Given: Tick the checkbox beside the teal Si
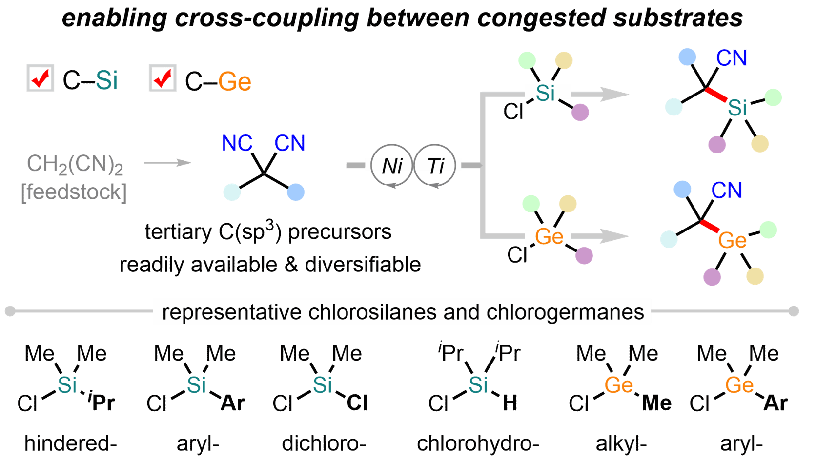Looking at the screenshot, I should (41, 78).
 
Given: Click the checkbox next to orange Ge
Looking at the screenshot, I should (163, 78).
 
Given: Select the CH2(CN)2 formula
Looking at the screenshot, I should (75, 164).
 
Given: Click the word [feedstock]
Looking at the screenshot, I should (74, 192).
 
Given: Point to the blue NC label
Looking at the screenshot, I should (237, 143).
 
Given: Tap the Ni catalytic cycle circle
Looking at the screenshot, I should (391, 165).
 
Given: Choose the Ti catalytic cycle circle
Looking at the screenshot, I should (435, 165).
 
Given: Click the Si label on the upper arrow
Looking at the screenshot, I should (546, 93).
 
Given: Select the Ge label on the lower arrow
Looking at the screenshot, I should (549, 237).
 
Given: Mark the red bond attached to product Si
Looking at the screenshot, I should (716, 95).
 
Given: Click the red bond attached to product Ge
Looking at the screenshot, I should (710, 226).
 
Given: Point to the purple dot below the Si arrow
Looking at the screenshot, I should (580, 112).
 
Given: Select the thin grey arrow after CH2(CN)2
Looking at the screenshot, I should (168, 162).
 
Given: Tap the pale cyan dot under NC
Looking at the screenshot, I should (232, 192).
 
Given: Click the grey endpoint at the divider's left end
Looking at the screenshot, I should (10, 311).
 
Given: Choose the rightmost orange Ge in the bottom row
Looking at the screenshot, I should (739, 385).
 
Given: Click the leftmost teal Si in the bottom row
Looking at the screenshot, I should (67, 385).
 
